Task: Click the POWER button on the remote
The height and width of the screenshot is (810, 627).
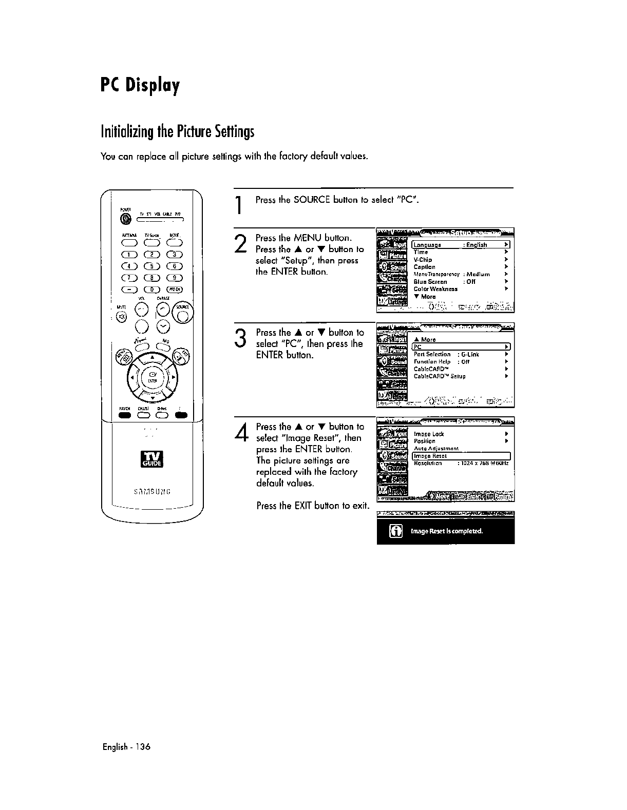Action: [x=125, y=219]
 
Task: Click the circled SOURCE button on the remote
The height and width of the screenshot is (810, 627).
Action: [x=182, y=311]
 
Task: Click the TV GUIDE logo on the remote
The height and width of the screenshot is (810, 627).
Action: [x=151, y=459]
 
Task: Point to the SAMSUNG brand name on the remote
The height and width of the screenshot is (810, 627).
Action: [x=151, y=491]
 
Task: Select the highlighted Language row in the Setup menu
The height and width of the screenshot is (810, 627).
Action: [x=461, y=245]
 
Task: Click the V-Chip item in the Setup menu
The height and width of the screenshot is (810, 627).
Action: [x=423, y=260]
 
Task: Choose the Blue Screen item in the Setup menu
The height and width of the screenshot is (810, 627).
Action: [x=430, y=282]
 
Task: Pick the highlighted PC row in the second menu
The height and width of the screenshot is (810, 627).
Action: [x=461, y=346]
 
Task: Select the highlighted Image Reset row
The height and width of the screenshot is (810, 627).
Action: [x=461, y=456]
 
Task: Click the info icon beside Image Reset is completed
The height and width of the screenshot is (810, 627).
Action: [x=396, y=531]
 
